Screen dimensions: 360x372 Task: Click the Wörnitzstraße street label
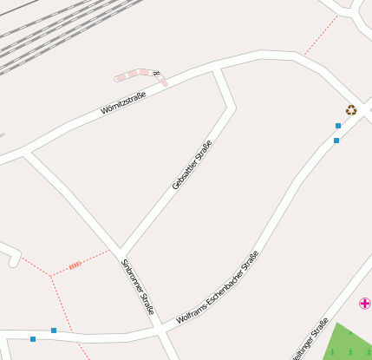pos(123,102)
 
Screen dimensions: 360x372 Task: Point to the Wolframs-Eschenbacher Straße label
pos(217,287)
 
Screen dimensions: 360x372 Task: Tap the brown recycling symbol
pos(351,110)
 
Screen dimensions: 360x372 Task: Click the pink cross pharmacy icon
pos(365,303)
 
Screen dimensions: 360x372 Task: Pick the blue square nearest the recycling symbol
pos(338,126)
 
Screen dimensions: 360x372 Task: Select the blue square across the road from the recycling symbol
pos(336,140)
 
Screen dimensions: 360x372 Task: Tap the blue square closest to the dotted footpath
pos(54,331)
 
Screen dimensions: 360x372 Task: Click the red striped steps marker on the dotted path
pos(75,265)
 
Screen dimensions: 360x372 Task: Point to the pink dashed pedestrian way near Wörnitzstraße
pos(139,75)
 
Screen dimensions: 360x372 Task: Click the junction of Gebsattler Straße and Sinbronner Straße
pos(120,250)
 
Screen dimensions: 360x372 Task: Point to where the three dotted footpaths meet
pos(51,276)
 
